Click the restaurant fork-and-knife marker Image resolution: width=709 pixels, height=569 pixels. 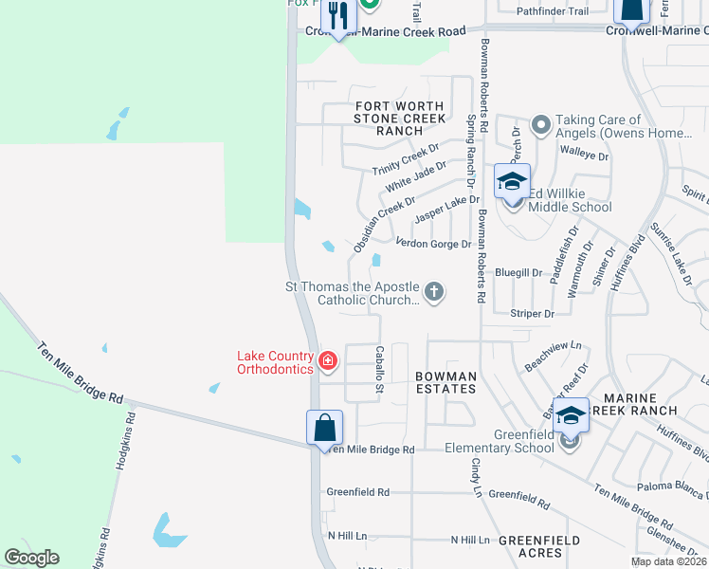(337, 16)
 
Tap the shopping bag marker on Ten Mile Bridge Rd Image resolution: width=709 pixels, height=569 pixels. (324, 428)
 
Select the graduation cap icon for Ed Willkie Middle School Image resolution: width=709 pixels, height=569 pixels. (512, 182)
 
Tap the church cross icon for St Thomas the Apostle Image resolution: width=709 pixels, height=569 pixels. (434, 291)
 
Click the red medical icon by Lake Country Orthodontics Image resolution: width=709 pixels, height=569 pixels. (328, 360)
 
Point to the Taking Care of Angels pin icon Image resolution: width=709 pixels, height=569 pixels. (541, 125)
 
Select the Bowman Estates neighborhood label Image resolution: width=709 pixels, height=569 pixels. (445, 382)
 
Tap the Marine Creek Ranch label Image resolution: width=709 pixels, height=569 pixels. (641, 403)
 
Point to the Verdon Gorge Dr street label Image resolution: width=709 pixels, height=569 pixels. (433, 244)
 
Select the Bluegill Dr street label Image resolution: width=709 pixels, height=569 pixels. (518, 272)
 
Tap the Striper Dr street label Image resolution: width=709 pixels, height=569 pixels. (532, 313)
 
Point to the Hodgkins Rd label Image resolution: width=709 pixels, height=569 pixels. (120, 442)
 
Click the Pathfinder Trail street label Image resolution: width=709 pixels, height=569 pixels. (553, 11)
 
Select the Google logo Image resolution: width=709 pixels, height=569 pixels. (32, 558)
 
